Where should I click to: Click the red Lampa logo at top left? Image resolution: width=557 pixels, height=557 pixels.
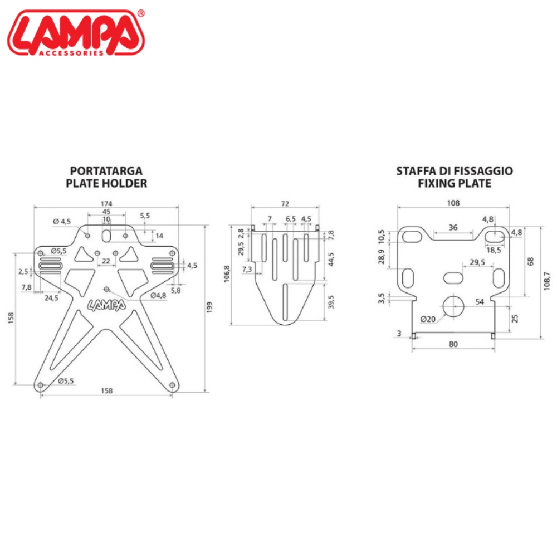point(76,33)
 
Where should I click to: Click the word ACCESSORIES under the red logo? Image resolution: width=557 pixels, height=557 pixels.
point(71,53)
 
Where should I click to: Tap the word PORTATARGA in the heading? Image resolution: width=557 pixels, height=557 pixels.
point(106,171)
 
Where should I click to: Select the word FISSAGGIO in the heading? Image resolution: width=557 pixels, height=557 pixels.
point(486,171)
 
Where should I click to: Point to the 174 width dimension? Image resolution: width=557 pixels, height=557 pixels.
point(106,203)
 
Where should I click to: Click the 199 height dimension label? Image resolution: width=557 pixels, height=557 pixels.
point(209,307)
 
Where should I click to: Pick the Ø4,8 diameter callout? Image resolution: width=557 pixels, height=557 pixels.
point(158,296)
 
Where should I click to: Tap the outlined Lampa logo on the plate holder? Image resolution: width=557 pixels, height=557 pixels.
point(106,305)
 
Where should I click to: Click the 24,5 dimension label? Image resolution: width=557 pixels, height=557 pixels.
point(51,298)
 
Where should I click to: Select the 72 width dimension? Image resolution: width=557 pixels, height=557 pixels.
point(285,203)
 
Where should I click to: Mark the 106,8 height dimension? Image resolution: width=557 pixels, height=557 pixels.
point(227,274)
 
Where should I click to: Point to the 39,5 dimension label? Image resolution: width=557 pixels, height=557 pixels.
point(331,302)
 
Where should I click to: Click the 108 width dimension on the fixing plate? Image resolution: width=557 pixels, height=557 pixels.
point(453,203)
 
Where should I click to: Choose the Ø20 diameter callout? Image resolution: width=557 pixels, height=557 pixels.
point(428,319)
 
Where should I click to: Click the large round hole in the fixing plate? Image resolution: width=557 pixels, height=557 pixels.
point(453,306)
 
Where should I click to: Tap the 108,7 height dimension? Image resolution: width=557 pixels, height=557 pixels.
point(547,281)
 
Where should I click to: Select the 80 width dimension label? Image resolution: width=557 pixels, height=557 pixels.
point(453,344)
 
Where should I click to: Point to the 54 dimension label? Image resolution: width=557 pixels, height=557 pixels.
point(480,301)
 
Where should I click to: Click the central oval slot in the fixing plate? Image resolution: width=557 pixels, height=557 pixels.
point(453,278)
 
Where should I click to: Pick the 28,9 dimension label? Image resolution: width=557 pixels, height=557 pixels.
point(381,256)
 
